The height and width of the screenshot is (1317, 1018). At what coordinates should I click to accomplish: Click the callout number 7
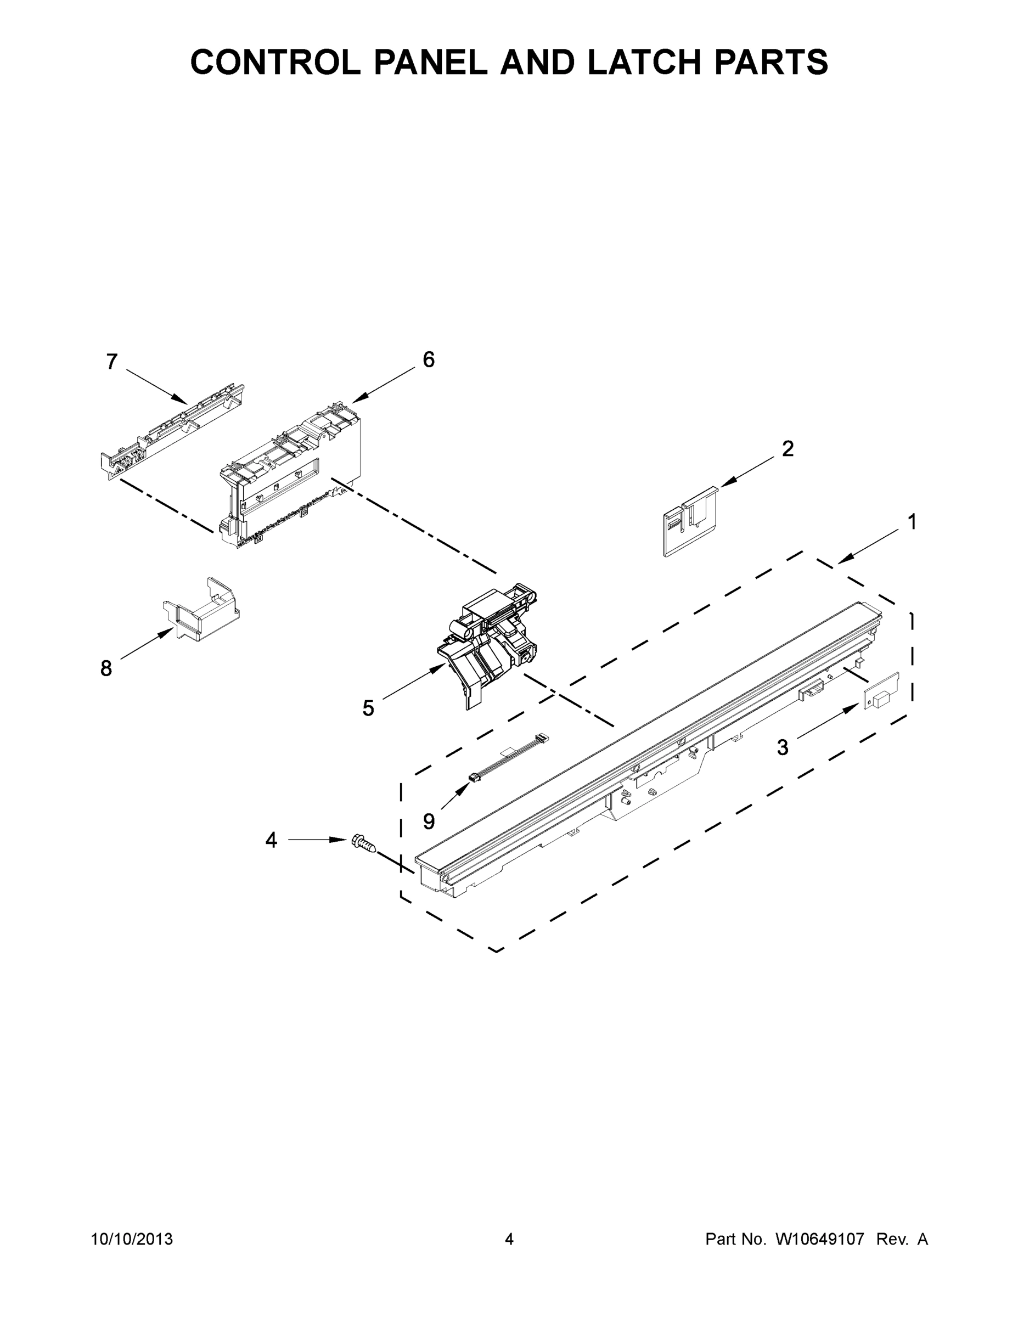111,362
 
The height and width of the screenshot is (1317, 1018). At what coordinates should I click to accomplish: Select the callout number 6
428,360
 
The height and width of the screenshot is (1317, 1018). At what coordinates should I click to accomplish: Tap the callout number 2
788,449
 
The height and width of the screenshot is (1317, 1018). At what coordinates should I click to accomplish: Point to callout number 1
912,522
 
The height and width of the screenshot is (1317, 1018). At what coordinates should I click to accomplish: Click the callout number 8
106,668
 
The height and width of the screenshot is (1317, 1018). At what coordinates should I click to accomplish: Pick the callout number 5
368,708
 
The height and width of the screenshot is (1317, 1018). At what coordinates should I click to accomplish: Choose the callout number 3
782,748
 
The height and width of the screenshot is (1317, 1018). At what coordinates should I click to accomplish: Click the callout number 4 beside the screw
272,840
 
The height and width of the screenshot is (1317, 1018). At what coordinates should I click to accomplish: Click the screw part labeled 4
363,842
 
